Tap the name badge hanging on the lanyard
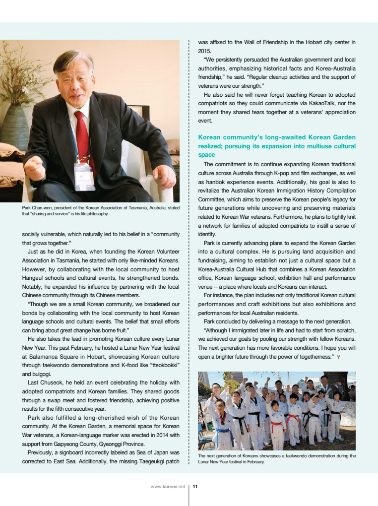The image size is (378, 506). [x=84, y=176]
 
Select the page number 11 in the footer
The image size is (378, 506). [x=195, y=487]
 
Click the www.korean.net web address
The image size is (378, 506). [x=168, y=487]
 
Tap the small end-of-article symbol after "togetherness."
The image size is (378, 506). [x=339, y=357]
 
